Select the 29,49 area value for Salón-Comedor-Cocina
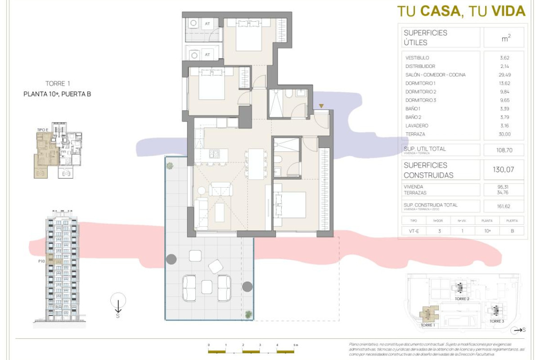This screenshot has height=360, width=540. click(504, 75)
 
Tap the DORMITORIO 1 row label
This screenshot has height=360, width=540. click(420, 83)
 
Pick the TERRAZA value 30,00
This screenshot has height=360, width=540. click(504, 134)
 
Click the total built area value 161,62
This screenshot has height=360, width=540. click(504, 207)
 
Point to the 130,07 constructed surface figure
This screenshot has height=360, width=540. click(504, 170)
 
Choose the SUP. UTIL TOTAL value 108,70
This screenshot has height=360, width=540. click(504, 150)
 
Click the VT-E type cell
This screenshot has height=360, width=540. click(414, 230)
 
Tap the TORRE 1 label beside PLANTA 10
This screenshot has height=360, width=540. click(58, 84)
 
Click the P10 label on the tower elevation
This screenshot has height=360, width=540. click(42, 260)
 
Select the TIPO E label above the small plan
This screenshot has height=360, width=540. click(43, 130)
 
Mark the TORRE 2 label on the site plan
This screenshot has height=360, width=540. click(462, 299)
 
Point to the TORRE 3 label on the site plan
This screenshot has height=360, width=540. click(496, 321)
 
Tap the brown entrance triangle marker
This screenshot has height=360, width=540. click(321, 106)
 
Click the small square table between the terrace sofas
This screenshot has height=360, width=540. click(207, 286)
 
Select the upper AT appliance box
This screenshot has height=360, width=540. click(207, 23)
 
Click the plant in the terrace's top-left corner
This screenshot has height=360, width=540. click(170, 166)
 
